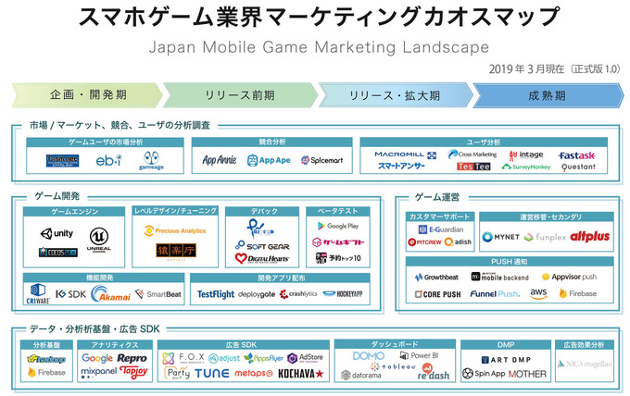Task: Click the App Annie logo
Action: click(220, 160)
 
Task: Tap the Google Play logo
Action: click(336, 226)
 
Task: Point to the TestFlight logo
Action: click(215, 293)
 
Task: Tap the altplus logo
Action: click(589, 237)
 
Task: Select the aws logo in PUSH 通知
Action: click(538, 292)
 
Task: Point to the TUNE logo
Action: click(211, 373)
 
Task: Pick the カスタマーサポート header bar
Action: click(441, 216)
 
